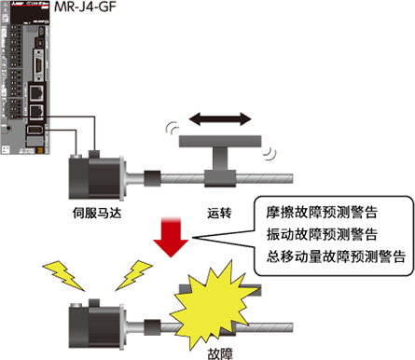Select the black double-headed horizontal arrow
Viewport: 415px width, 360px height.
(x=218, y=118)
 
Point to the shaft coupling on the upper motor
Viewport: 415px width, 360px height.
(x=149, y=176)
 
